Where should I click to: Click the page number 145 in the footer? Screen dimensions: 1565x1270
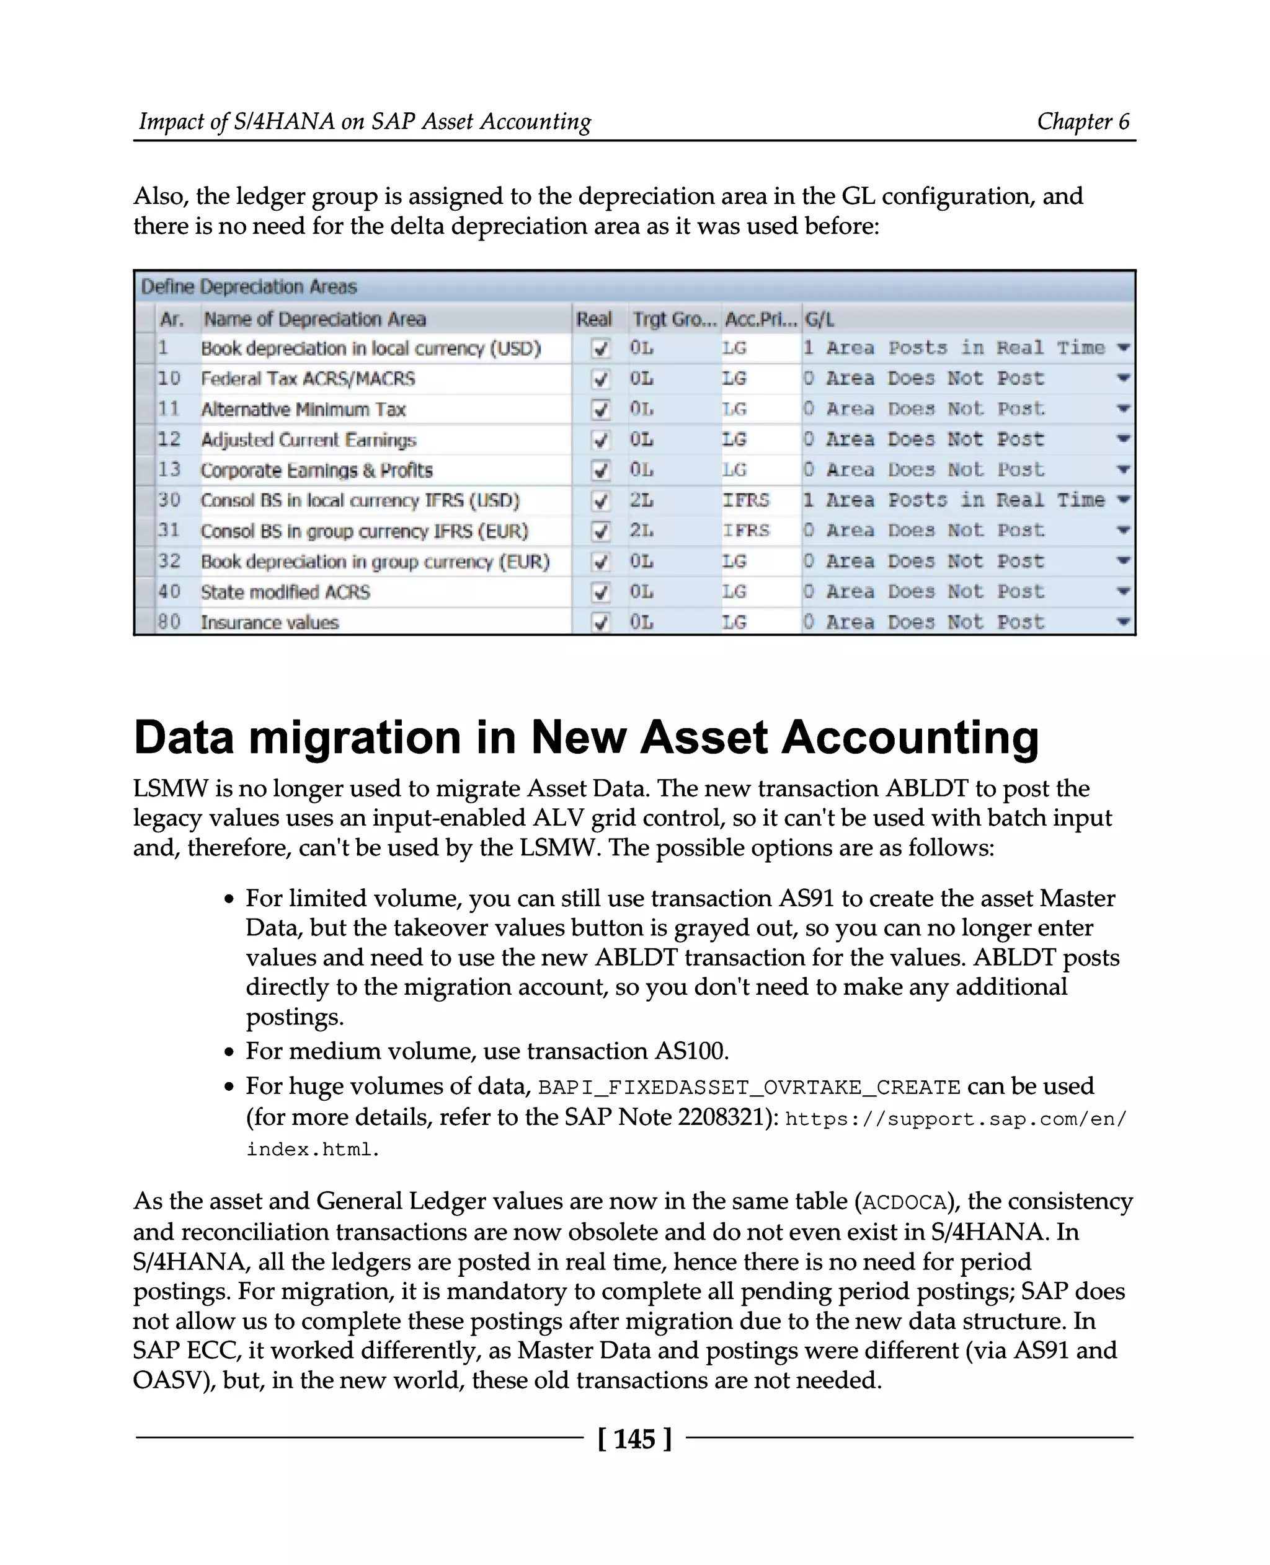click(634, 1439)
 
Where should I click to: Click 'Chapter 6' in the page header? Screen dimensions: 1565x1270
click(1083, 121)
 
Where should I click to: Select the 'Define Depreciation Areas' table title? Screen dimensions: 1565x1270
click(249, 287)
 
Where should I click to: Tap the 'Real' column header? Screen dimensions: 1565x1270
click(593, 319)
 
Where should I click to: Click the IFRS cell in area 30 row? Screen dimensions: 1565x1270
click(745, 500)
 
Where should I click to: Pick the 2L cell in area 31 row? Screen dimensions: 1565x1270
click(642, 531)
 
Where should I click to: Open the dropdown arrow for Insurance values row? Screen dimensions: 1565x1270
click(1124, 622)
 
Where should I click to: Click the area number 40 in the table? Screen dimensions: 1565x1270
click(169, 592)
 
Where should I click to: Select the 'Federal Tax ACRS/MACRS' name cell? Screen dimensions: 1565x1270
click(308, 379)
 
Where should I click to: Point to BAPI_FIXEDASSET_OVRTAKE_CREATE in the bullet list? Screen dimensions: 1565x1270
click(748, 1088)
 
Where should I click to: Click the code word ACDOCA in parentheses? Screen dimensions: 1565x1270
click(904, 1202)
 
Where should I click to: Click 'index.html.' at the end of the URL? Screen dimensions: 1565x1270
click(313, 1150)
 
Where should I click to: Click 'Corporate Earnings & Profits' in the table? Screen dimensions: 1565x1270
click(317, 470)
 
